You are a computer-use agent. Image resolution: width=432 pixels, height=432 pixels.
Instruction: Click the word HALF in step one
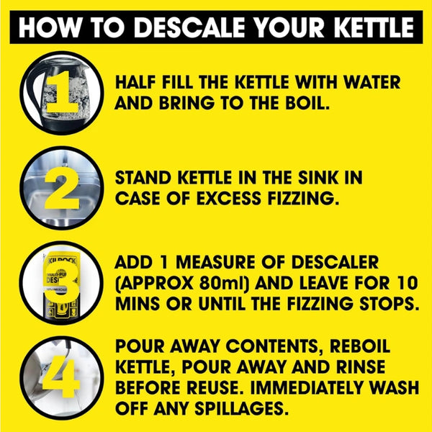[x=137, y=82]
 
